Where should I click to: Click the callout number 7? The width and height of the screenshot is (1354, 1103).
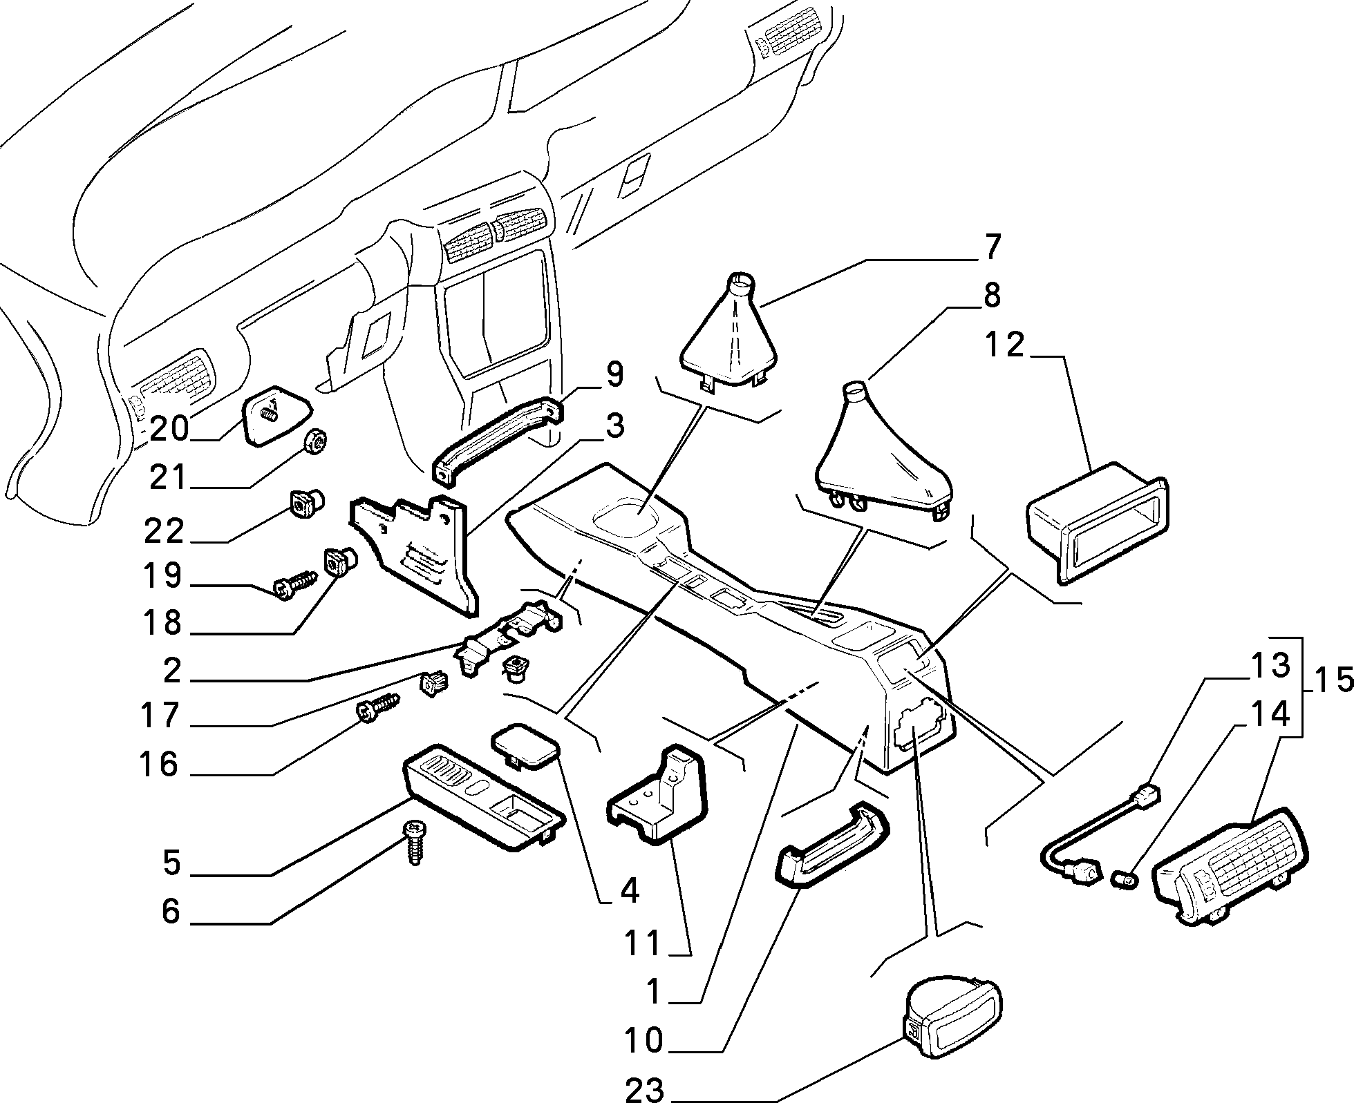pos(992,248)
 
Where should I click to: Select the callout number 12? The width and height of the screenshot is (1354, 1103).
pos(1004,345)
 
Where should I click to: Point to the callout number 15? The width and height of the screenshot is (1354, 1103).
pos(1332,681)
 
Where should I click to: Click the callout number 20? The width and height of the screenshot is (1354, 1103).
pos(169,429)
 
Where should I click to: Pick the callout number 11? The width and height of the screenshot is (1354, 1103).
pos(642,943)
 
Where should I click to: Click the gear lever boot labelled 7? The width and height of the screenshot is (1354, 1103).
pos(730,335)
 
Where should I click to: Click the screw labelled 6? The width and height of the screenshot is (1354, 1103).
pos(415,842)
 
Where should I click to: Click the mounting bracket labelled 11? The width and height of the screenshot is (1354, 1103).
pos(657,794)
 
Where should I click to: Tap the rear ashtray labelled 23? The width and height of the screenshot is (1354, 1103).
pos(954,1028)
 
